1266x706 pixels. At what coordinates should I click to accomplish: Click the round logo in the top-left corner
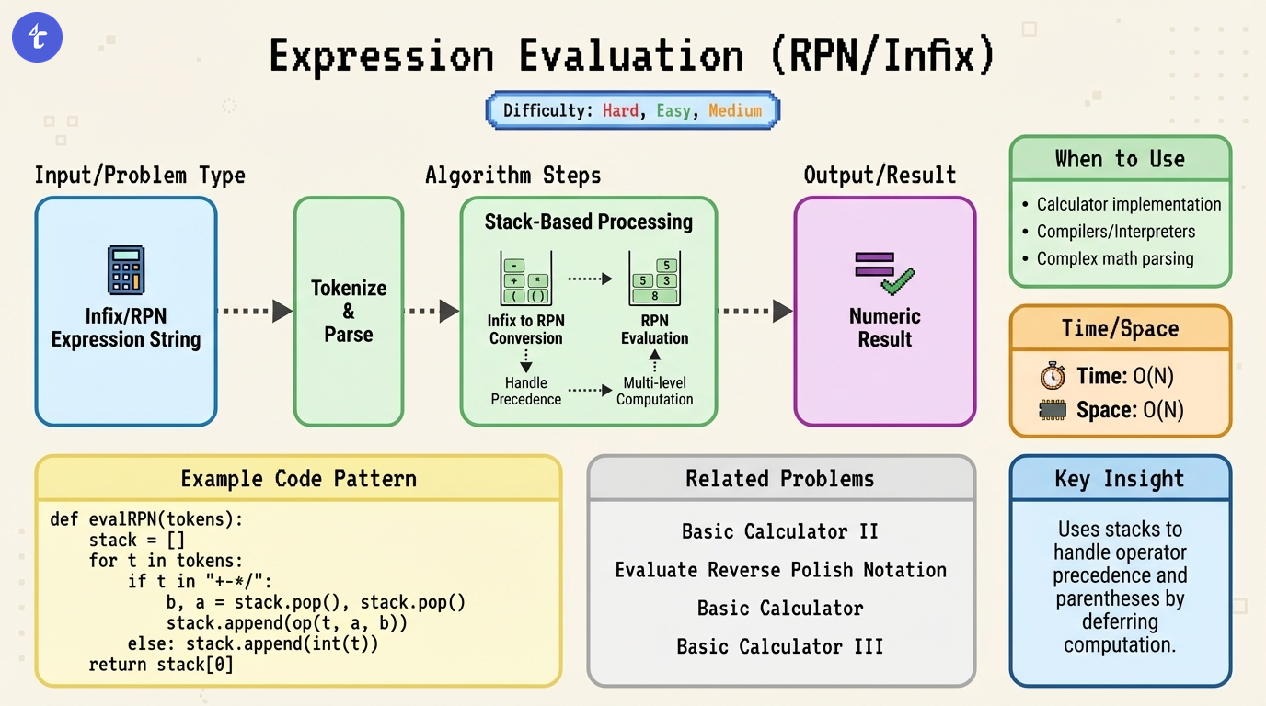(37, 38)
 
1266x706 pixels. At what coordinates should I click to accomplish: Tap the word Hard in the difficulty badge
(620, 110)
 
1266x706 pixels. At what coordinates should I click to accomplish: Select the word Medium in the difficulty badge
(735, 110)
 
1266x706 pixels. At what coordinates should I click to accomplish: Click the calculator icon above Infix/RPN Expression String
(126, 269)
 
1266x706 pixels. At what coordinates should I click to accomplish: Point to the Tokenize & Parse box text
(349, 311)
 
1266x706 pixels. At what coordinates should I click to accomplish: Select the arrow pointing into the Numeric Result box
(754, 312)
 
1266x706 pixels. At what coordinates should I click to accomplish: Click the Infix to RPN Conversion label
(526, 329)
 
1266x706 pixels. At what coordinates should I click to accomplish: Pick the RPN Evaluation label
(654, 329)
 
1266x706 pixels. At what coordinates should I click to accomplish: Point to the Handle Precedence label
(526, 391)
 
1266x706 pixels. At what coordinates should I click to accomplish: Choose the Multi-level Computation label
(654, 391)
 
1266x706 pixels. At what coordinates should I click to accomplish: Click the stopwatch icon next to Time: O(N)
(1052, 376)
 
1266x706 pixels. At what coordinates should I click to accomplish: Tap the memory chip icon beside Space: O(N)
(1052, 410)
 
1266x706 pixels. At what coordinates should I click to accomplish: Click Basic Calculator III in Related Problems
(780, 646)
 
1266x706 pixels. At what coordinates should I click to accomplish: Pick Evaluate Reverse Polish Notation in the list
(780, 570)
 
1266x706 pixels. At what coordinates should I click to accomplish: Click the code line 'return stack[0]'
(161, 664)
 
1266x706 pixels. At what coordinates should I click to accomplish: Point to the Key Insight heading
(1120, 479)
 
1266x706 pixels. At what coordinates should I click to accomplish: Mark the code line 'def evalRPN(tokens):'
(146, 519)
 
